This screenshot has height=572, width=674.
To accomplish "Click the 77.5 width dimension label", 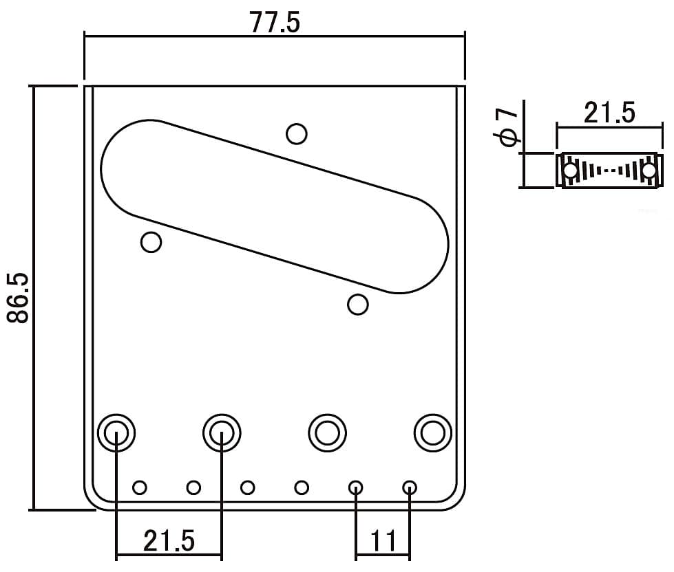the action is click(275, 22).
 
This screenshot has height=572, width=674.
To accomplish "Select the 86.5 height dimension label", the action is click(18, 298).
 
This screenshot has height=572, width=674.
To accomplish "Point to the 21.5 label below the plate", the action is click(169, 540).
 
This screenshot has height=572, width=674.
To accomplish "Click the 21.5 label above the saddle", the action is click(609, 113).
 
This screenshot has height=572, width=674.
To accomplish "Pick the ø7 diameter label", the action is click(507, 127).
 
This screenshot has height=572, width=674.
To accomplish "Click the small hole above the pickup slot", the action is click(297, 134).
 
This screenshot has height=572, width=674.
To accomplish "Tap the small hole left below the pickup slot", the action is click(151, 242).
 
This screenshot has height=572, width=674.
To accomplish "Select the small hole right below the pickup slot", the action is click(357, 305).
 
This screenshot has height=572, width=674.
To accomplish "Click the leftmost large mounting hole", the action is click(116, 432).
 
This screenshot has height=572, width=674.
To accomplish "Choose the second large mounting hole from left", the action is click(222, 432).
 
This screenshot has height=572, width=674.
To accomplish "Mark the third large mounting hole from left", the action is click(328, 432).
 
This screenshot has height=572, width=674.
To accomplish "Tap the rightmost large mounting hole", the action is click(433, 432).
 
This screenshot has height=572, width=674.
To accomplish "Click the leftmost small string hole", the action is click(140, 487).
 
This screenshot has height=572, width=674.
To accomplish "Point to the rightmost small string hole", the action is click(410, 487).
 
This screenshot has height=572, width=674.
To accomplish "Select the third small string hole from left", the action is click(248, 487).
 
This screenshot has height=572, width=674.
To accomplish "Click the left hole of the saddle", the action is click(571, 170).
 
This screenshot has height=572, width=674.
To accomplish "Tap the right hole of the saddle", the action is click(649, 170).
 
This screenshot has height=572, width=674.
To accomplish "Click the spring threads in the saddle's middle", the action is click(609, 170).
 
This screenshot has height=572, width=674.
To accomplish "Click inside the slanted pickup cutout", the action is click(275, 206).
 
